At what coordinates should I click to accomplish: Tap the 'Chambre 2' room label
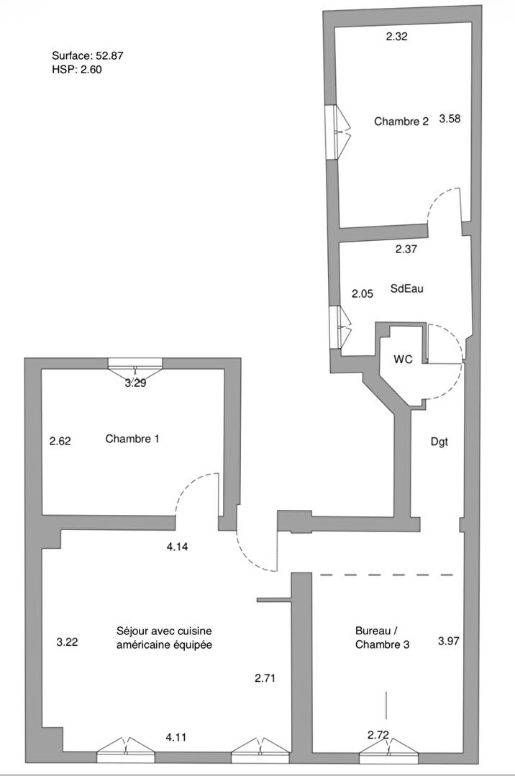[401, 122]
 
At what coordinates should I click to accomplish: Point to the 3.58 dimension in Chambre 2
[450, 119]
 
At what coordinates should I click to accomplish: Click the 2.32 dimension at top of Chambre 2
[397, 37]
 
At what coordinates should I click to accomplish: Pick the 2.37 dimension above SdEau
[406, 250]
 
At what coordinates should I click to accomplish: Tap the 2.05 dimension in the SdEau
[362, 293]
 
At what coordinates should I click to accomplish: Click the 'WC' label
[404, 359]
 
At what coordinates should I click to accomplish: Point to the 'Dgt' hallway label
[439, 442]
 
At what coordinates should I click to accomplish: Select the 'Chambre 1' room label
[132, 439]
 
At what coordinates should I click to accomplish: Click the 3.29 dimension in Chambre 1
[135, 383]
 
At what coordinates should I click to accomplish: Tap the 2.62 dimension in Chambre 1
[60, 441]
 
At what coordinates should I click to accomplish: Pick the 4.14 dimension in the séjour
[177, 547]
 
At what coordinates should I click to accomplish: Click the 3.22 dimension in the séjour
[67, 642]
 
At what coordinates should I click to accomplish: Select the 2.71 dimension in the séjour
[265, 677]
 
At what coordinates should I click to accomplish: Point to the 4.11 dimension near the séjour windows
[176, 736]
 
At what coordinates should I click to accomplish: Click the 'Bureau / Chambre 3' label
[383, 638]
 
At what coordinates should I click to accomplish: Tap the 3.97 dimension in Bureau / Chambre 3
[450, 640]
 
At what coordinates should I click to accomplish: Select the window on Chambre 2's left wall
[336, 132]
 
